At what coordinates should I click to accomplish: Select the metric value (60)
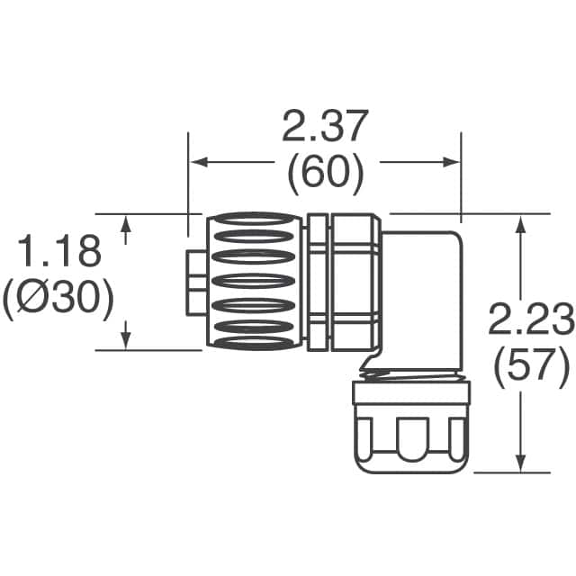pyautogui.click(x=325, y=175)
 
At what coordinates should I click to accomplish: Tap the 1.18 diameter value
pyautogui.click(x=58, y=254)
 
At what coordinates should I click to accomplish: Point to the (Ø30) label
pyautogui.click(x=58, y=300)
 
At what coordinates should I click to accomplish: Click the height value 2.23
pyautogui.click(x=531, y=319)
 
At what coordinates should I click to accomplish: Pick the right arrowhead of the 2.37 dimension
pyautogui.click(x=453, y=163)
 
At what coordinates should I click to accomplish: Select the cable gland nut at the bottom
pyautogui.click(x=410, y=428)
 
